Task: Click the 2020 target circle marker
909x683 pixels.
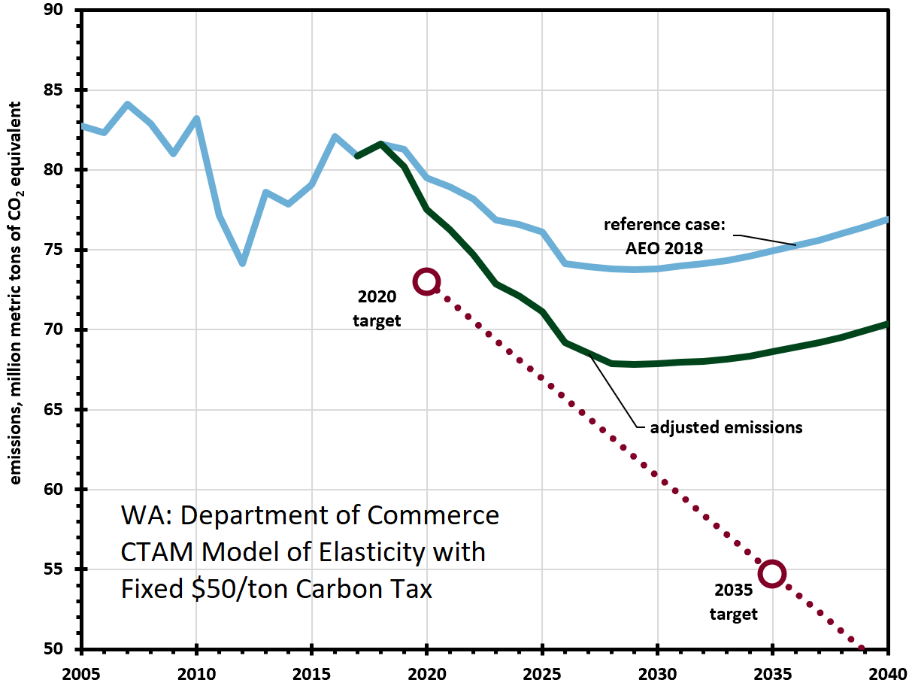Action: click(x=427, y=281)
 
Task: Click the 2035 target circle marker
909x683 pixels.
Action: click(x=772, y=573)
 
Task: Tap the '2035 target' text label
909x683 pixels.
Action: click(x=734, y=603)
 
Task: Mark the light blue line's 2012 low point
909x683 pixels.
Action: click(x=243, y=263)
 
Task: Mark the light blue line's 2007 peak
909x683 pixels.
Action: click(x=128, y=105)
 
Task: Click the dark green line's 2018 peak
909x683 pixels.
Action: click(x=381, y=144)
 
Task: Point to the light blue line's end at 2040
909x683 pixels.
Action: click(x=887, y=220)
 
